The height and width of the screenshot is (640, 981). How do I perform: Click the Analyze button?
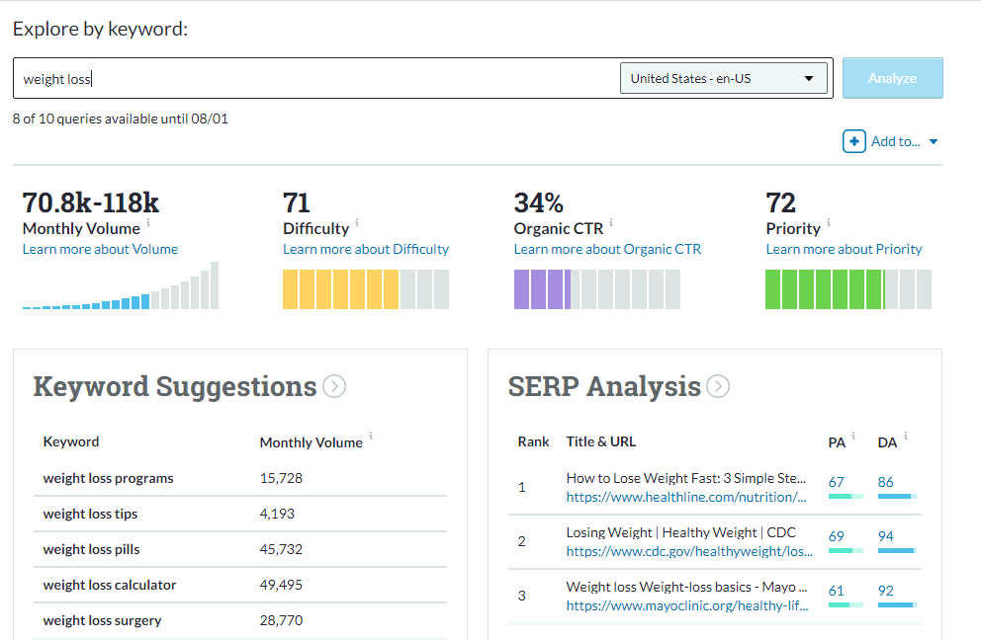[x=892, y=78]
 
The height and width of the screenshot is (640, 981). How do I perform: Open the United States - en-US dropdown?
[x=723, y=78]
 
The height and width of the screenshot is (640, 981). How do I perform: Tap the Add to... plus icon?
[x=854, y=141]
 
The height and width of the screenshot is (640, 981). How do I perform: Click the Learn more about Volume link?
[x=100, y=249]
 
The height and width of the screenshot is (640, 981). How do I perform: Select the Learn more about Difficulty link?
[x=366, y=249]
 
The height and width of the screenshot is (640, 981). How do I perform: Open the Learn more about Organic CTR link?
[x=607, y=249]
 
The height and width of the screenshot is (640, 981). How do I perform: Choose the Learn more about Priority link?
[x=844, y=249]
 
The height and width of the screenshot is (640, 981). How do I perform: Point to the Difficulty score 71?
[x=297, y=203]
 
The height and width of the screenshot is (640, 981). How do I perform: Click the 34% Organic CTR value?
[x=538, y=203]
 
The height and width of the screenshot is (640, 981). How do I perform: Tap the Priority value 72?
[x=781, y=203]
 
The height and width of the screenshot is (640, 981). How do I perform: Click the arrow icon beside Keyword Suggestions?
[x=334, y=386]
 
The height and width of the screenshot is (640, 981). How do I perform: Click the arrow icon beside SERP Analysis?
[x=718, y=386]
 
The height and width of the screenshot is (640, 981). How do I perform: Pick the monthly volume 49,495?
[x=281, y=585]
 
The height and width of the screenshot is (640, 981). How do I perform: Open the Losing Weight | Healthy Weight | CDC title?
[x=680, y=532]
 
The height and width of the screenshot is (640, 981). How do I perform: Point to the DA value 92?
[x=885, y=591]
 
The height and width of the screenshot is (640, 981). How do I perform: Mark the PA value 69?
[x=837, y=536]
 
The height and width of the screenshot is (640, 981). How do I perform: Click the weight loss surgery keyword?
[x=102, y=620]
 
